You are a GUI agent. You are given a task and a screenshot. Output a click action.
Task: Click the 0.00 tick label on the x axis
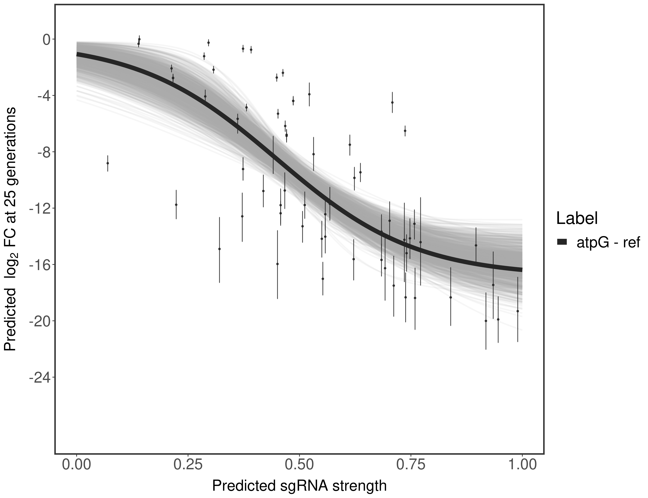77,464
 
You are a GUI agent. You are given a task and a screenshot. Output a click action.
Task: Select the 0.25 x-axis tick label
188,464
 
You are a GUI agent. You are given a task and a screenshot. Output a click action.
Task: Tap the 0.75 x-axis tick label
411,464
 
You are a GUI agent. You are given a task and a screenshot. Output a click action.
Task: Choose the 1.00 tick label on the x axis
522,464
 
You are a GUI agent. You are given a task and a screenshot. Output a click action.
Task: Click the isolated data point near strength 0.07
108,163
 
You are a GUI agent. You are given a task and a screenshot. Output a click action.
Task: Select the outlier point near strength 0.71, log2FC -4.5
392,102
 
